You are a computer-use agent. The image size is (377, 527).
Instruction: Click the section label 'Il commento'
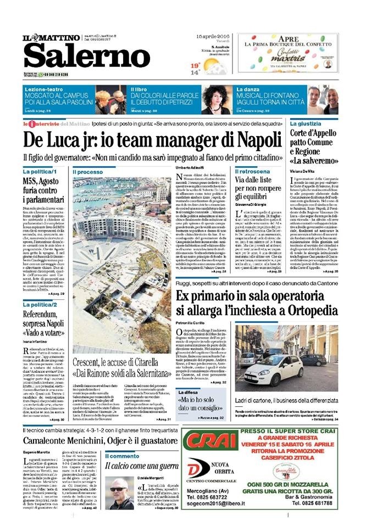click(122, 456)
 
